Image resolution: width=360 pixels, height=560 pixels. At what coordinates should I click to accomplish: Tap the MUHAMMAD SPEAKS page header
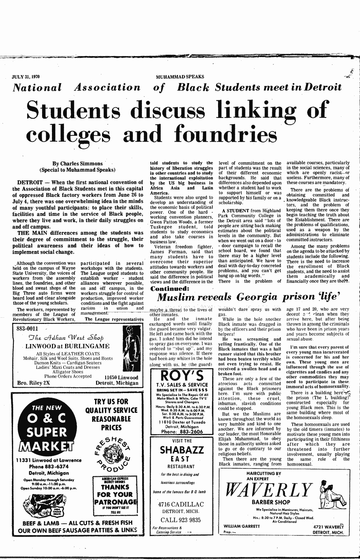click(x=180, y=77)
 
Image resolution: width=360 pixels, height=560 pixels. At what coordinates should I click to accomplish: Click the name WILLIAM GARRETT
click(x=241, y=526)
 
